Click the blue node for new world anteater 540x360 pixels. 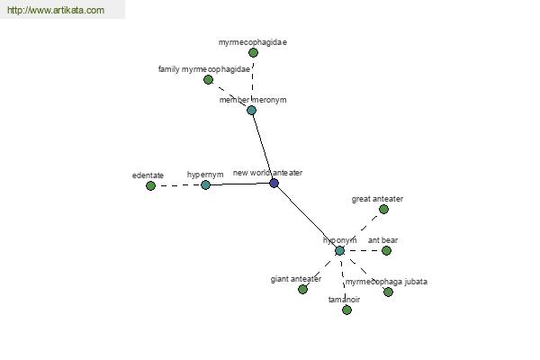click(x=274, y=183)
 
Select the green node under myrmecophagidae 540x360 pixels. click(x=253, y=53)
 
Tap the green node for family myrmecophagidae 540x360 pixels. click(x=208, y=80)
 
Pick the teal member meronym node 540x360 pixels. click(x=251, y=110)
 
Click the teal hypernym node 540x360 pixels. click(x=205, y=185)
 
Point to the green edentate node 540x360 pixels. click(x=150, y=186)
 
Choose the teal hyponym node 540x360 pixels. click(x=339, y=251)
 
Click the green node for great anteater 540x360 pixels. click(x=383, y=209)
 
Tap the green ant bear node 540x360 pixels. click(x=386, y=251)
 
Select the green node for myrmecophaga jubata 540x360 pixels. click(x=388, y=292)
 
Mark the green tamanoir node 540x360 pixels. click(x=346, y=310)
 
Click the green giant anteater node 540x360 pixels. click(x=302, y=290)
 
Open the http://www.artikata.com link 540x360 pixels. click(x=56, y=10)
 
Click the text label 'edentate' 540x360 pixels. click(x=148, y=175)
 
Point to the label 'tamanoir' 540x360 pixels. click(x=344, y=300)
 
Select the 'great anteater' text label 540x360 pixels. click(x=377, y=199)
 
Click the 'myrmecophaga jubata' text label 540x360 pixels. click(x=386, y=282)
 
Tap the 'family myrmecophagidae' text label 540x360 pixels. click(x=204, y=69)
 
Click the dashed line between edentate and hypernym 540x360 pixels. click(x=177, y=185)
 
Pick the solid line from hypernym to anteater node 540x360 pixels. click(x=239, y=184)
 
